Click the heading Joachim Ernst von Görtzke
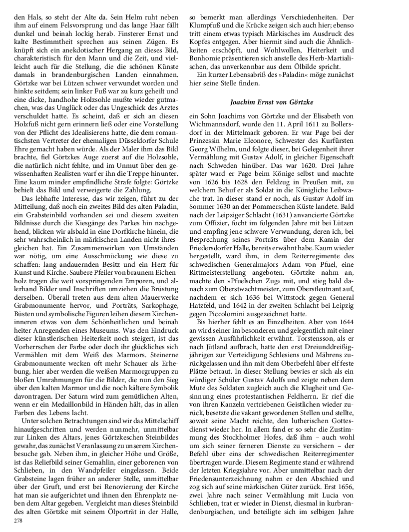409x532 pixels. point(272,102)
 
